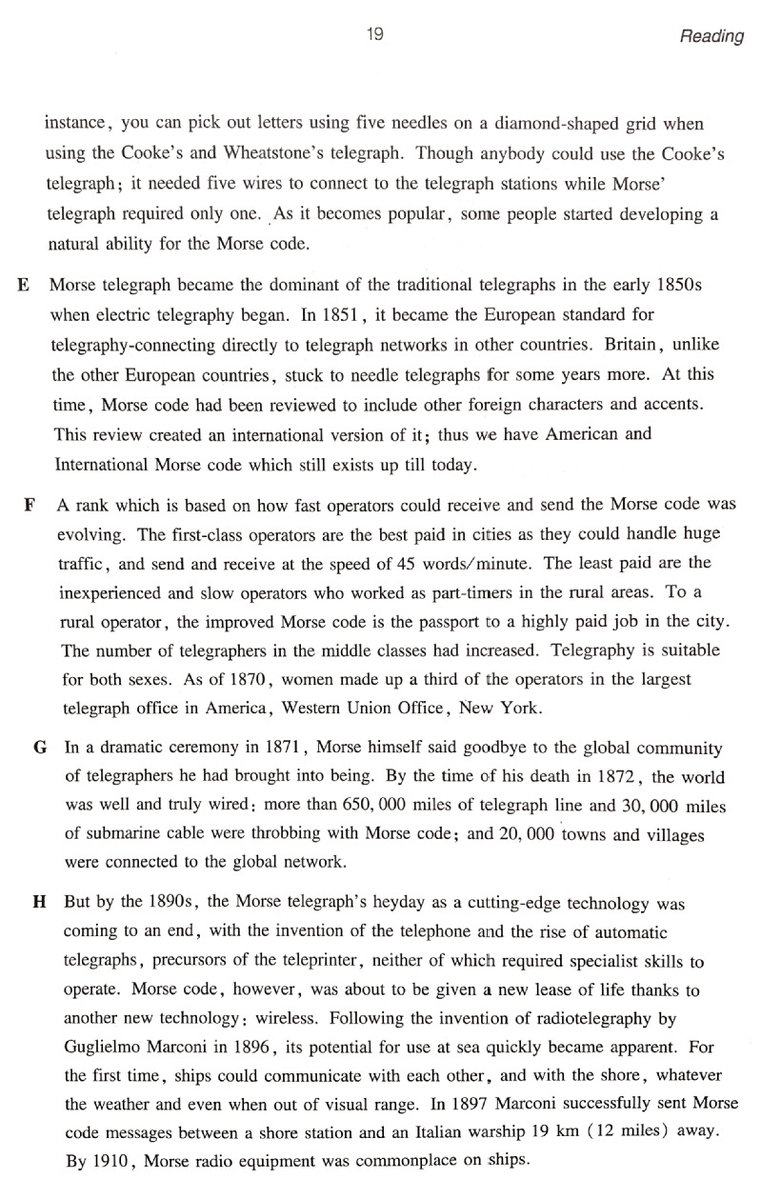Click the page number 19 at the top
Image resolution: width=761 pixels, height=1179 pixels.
[x=374, y=35]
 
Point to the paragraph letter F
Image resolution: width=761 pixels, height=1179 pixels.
[x=30, y=504]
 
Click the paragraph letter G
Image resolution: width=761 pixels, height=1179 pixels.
[x=40, y=749]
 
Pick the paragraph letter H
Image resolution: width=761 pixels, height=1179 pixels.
[x=41, y=901]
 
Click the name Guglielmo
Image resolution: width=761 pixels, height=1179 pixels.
[x=108, y=1044]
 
